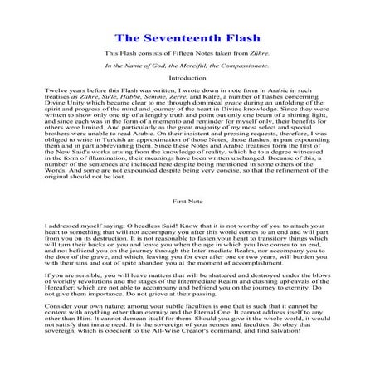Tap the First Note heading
[x=187, y=200]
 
